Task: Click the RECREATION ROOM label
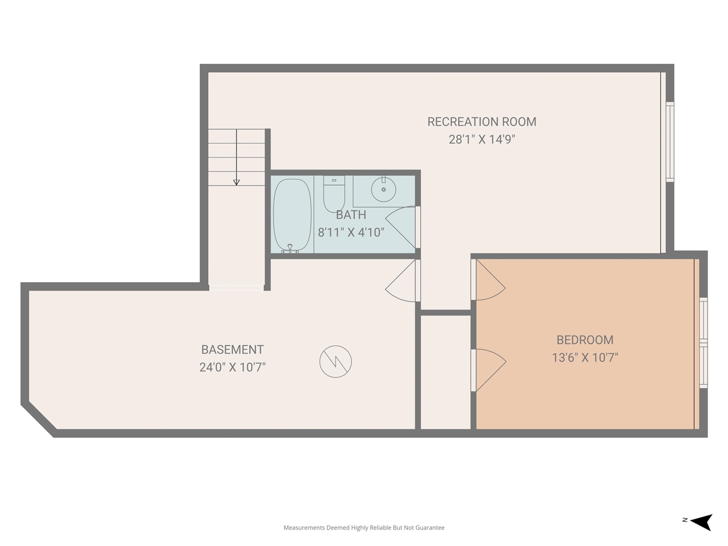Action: coord(482,122)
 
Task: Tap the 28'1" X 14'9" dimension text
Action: coord(482,139)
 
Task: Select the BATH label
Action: coord(351,215)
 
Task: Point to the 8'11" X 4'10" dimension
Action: coord(351,232)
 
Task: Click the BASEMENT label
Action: coord(233,350)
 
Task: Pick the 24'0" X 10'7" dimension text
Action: coord(233,367)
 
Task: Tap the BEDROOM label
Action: coord(585,340)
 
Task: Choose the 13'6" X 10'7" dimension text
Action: coord(585,358)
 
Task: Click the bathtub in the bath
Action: coord(292,215)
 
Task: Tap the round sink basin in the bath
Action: coord(383,189)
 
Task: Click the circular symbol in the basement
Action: coord(336,361)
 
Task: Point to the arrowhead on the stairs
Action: coord(237,182)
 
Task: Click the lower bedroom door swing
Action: coord(489,369)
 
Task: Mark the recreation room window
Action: coord(669,142)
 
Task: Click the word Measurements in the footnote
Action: coord(304,528)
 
